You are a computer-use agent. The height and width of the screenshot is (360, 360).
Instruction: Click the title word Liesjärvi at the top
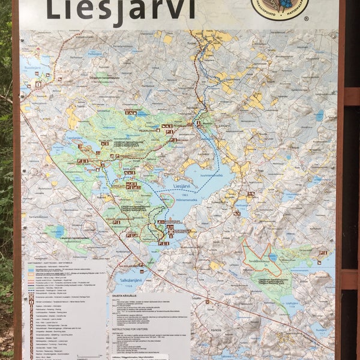[x=120, y=10]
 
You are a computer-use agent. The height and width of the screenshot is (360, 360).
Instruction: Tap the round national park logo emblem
[x=279, y=7]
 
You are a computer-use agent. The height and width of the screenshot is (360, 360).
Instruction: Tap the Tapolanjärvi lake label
[x=74, y=137]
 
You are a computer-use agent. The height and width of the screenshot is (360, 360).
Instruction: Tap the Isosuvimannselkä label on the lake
[x=203, y=175]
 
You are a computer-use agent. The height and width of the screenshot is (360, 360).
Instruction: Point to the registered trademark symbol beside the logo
[x=306, y=19]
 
